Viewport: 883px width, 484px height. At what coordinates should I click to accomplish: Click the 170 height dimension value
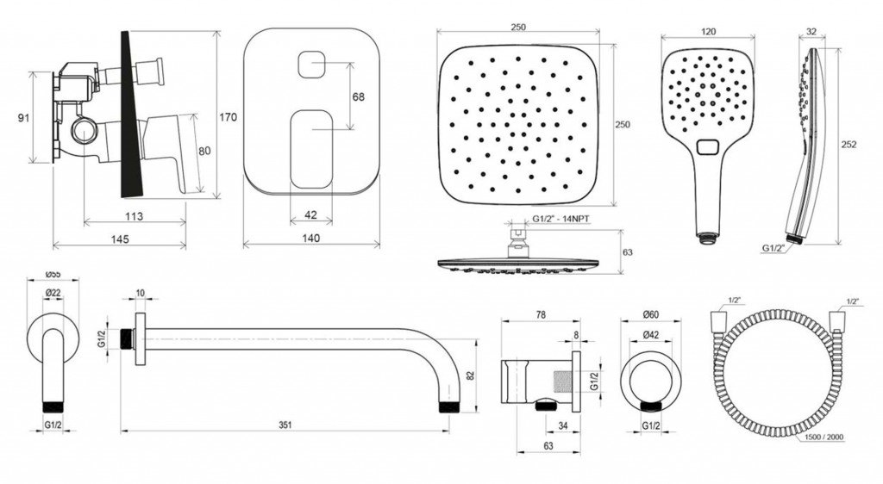point(228,117)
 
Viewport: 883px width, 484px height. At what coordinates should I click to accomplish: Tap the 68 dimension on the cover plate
point(358,96)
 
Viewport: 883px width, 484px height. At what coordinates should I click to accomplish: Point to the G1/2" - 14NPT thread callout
point(560,220)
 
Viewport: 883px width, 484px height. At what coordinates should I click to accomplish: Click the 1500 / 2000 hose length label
point(824,437)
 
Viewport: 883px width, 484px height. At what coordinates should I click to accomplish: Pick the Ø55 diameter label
point(53,275)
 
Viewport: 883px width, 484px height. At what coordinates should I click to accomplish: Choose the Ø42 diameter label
point(650,335)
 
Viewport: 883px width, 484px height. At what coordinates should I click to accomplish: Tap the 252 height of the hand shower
point(849,145)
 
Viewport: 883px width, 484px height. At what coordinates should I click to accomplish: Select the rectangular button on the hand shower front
point(708,147)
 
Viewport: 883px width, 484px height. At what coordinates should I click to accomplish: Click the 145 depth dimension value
point(119,239)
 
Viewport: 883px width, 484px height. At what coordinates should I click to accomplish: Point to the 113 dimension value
point(134,216)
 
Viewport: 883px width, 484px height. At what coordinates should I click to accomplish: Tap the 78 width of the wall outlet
point(540,315)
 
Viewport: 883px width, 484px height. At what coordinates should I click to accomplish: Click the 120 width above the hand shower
point(709,32)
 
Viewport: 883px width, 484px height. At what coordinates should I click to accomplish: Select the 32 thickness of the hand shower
point(811,32)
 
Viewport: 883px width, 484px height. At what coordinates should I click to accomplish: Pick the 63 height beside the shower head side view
point(628,251)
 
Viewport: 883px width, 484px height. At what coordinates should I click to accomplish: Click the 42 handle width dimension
point(310,214)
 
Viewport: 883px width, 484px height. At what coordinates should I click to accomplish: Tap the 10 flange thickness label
point(141,293)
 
